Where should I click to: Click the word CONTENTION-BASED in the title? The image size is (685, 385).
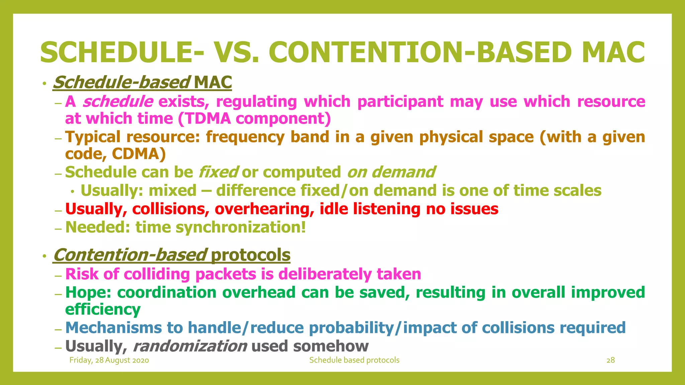pos(420,52)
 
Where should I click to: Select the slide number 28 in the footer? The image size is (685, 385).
pos(610,360)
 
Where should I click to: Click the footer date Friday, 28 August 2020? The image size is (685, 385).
pos(109,360)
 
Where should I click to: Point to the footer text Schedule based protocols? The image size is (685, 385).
pos(354,360)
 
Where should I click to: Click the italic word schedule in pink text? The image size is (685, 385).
pos(118,101)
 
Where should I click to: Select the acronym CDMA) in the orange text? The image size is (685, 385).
pos(138,154)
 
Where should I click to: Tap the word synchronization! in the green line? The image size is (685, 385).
pos(240,227)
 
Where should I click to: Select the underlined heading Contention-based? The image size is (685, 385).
pos(130,255)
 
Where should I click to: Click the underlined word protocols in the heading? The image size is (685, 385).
pos(250,255)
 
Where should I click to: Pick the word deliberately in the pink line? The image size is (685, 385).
pos(325,274)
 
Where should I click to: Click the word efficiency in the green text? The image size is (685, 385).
pos(103,309)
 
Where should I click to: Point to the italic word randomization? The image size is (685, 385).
pos(190,346)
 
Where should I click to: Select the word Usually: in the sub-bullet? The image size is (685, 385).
pos(112,190)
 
